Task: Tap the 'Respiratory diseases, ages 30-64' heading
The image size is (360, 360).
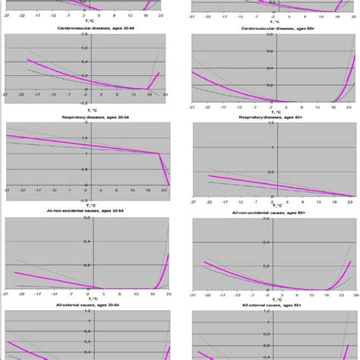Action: pos(87,118)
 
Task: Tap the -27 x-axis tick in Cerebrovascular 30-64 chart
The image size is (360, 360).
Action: pos(6,96)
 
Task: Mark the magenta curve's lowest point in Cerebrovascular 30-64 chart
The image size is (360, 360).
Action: pos(147,89)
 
